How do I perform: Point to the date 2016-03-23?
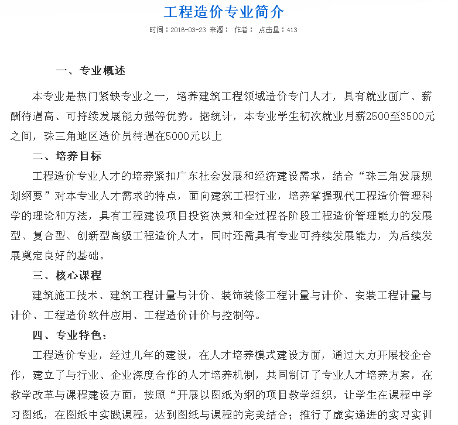pos(189,30)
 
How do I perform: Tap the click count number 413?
pos(292,30)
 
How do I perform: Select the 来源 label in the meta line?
pos(218,30)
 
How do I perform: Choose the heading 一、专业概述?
pos(91,71)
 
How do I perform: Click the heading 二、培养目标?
pos(67,156)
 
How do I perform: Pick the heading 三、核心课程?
pos(67,276)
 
